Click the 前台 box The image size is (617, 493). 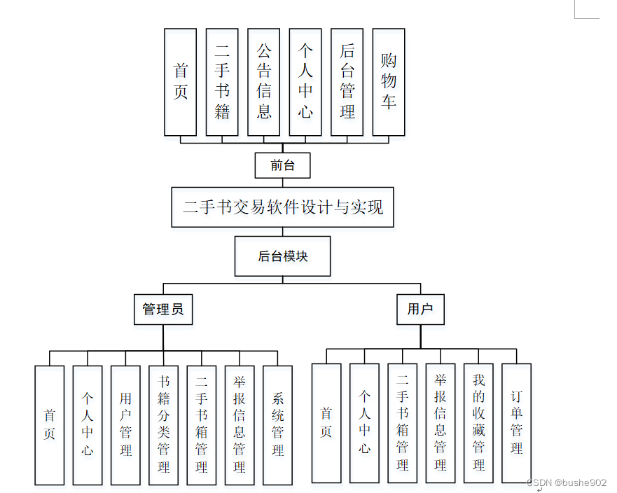[x=282, y=165]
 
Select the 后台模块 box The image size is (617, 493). [x=282, y=256]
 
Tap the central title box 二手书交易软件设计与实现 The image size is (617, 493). [x=282, y=207]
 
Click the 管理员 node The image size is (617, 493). [x=163, y=309]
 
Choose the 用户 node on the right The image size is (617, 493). [x=420, y=309]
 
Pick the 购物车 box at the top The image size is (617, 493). [x=389, y=82]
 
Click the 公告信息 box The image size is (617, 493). [x=264, y=82]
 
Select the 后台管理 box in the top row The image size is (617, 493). [x=347, y=82]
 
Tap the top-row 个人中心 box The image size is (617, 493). [x=305, y=82]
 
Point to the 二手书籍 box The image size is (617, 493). [x=222, y=82]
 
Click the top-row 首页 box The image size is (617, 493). [x=181, y=82]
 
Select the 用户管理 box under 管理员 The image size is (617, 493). [x=125, y=425]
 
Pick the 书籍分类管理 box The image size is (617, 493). [x=163, y=425]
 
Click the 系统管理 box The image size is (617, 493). [x=277, y=425]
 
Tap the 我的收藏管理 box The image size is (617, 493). [x=478, y=423]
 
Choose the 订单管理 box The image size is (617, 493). [x=516, y=423]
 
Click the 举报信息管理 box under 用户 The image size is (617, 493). [x=440, y=423]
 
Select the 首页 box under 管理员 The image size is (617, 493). [x=49, y=425]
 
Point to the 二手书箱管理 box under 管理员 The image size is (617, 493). [x=202, y=425]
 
